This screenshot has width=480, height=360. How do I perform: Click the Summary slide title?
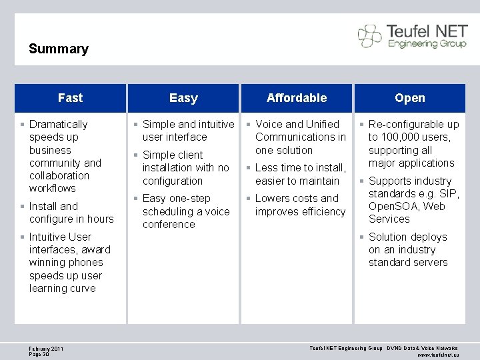59,49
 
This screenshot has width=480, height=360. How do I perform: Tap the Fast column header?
70,98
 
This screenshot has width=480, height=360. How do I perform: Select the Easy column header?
183,98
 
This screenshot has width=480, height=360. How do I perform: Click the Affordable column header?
297,98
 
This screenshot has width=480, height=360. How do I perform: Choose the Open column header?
409,98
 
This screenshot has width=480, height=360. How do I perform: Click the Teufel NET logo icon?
370,35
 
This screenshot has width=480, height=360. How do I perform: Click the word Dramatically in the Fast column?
59,124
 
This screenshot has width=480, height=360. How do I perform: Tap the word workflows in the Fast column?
53,188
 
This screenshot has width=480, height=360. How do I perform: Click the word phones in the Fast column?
85,262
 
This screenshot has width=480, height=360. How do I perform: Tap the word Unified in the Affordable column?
323,124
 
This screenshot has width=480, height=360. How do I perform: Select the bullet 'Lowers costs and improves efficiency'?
300,205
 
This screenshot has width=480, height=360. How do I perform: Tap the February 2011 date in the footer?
46,348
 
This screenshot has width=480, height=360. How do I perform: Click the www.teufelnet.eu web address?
438,355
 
